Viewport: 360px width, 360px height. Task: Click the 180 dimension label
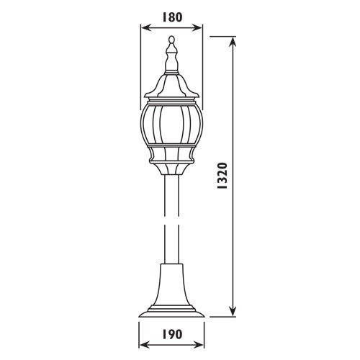[173, 17]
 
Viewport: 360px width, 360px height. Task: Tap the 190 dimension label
[172, 334]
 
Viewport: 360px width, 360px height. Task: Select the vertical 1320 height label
[222, 176]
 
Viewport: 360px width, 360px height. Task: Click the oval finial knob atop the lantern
[171, 39]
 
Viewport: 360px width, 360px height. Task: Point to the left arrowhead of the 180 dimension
[145, 28]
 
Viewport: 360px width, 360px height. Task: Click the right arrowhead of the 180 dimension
[197, 28]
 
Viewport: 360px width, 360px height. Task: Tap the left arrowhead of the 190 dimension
[145, 345]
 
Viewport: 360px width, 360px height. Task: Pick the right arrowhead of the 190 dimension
[199, 345]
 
